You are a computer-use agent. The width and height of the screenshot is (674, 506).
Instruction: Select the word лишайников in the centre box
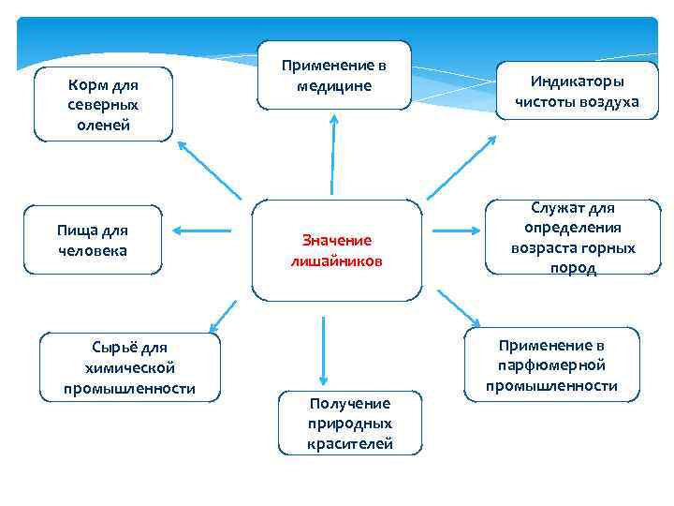point(336,260)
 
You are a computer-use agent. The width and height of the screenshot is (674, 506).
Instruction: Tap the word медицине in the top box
point(334,86)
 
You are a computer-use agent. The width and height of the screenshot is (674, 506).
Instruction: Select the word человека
point(92,250)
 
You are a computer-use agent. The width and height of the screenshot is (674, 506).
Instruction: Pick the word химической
point(129,368)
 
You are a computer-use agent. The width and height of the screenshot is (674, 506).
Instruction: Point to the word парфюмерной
point(551,365)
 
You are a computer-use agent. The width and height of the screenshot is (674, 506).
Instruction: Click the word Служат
point(560,207)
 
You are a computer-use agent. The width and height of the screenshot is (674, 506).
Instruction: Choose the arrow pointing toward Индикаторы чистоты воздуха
point(465,170)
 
